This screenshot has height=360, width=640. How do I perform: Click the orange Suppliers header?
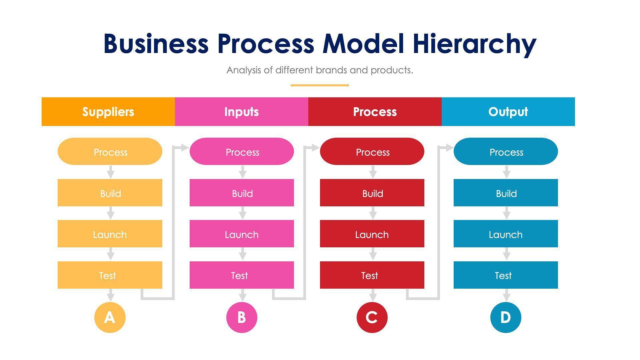(108, 112)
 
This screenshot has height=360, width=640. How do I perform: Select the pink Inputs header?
(241, 112)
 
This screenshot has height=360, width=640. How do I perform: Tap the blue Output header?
(508, 112)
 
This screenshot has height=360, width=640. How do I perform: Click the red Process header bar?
(375, 112)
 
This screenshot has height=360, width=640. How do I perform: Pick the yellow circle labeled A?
(110, 317)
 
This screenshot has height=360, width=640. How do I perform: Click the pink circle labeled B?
(242, 317)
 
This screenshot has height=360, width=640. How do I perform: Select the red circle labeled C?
(372, 317)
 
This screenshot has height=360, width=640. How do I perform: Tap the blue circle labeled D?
(506, 317)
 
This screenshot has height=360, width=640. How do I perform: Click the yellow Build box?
(110, 193)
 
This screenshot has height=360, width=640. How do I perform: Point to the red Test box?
(372, 275)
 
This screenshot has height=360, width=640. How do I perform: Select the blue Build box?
(506, 193)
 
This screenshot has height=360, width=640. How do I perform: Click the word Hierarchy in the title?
(474, 44)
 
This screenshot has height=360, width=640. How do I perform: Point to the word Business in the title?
(156, 44)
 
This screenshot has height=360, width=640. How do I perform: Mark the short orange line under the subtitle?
(320, 85)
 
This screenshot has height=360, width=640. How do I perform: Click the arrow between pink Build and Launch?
(243, 213)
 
